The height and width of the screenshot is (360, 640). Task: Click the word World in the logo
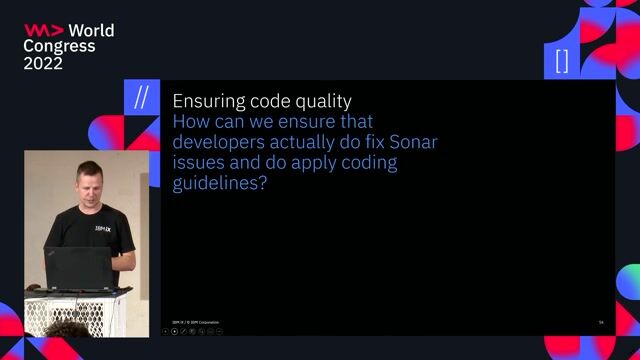tap(91, 31)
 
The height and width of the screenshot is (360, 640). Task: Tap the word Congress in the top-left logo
tap(59, 47)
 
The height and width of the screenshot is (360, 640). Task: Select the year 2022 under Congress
tap(43, 63)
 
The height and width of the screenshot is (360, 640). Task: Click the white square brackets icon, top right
tap(561, 62)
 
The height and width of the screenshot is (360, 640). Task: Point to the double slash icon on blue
tap(141, 98)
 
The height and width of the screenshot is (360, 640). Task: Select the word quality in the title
tap(321, 101)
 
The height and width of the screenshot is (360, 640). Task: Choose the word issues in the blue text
tap(196, 163)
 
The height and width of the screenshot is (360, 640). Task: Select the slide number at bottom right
tap(601, 322)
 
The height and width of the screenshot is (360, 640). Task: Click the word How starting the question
tap(189, 122)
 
